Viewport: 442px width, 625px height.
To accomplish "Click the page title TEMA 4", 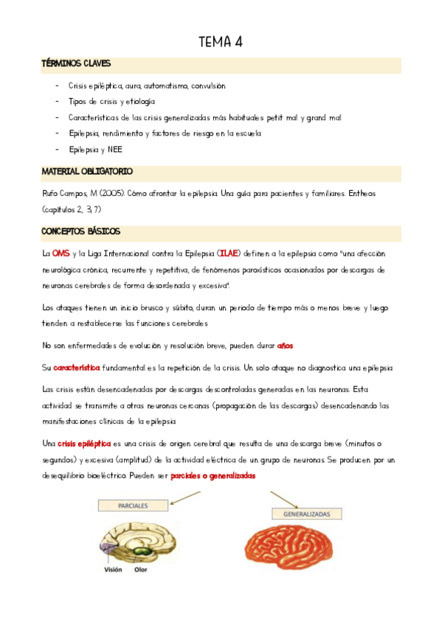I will pyautogui.click(x=221, y=42).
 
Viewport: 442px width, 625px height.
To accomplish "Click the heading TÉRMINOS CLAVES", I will pyautogui.click(x=77, y=64).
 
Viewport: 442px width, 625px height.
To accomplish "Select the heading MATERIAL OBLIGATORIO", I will pyautogui.click(x=87, y=172).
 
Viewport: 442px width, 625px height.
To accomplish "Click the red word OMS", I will pyautogui.click(x=61, y=254).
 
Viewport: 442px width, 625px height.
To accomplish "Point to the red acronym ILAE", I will pyautogui.click(x=229, y=254).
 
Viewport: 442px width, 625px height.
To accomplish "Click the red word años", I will pyautogui.click(x=285, y=345).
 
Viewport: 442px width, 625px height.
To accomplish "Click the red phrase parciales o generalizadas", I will pyautogui.click(x=213, y=476).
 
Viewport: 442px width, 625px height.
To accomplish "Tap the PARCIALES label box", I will pyautogui.click(x=132, y=507).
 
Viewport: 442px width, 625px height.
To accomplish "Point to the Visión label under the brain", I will pyautogui.click(x=113, y=569).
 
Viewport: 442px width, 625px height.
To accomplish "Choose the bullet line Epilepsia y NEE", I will pyautogui.click(x=96, y=150).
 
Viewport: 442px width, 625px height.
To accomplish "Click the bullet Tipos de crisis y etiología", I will pyautogui.click(x=111, y=102).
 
